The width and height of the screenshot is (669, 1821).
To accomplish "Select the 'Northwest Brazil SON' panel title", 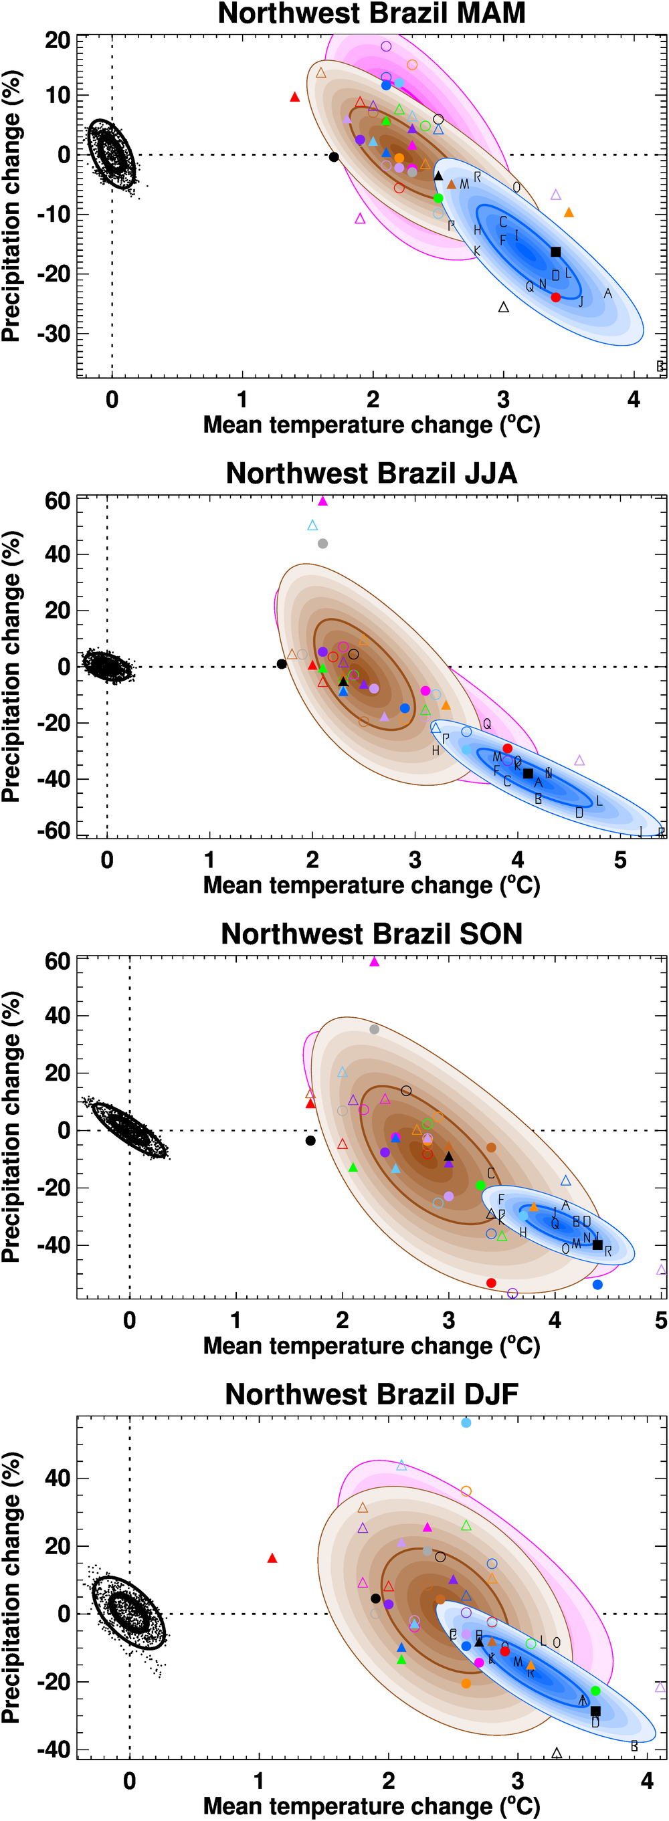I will [x=371, y=934].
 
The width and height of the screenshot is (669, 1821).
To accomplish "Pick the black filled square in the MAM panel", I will [x=556, y=252].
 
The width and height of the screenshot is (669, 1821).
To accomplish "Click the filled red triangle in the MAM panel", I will [x=295, y=98].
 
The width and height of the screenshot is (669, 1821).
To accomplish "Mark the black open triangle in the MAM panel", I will [x=504, y=308].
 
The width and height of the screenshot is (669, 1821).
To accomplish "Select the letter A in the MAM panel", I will [x=607, y=294].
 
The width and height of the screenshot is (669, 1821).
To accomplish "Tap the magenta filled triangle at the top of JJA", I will [x=323, y=501].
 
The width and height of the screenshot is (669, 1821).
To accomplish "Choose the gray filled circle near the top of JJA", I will [x=322, y=544].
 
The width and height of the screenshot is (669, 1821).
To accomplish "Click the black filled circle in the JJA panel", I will [x=282, y=664].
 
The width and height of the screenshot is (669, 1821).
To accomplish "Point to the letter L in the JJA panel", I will [x=599, y=801].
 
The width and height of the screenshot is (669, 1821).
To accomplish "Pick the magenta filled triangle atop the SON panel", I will [x=374, y=962].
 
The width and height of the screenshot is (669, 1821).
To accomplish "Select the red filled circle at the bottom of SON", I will [x=492, y=1283].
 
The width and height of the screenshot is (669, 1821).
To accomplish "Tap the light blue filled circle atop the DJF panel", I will [x=466, y=1423].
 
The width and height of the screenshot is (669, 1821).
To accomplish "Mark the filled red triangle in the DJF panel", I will [x=272, y=1558].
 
